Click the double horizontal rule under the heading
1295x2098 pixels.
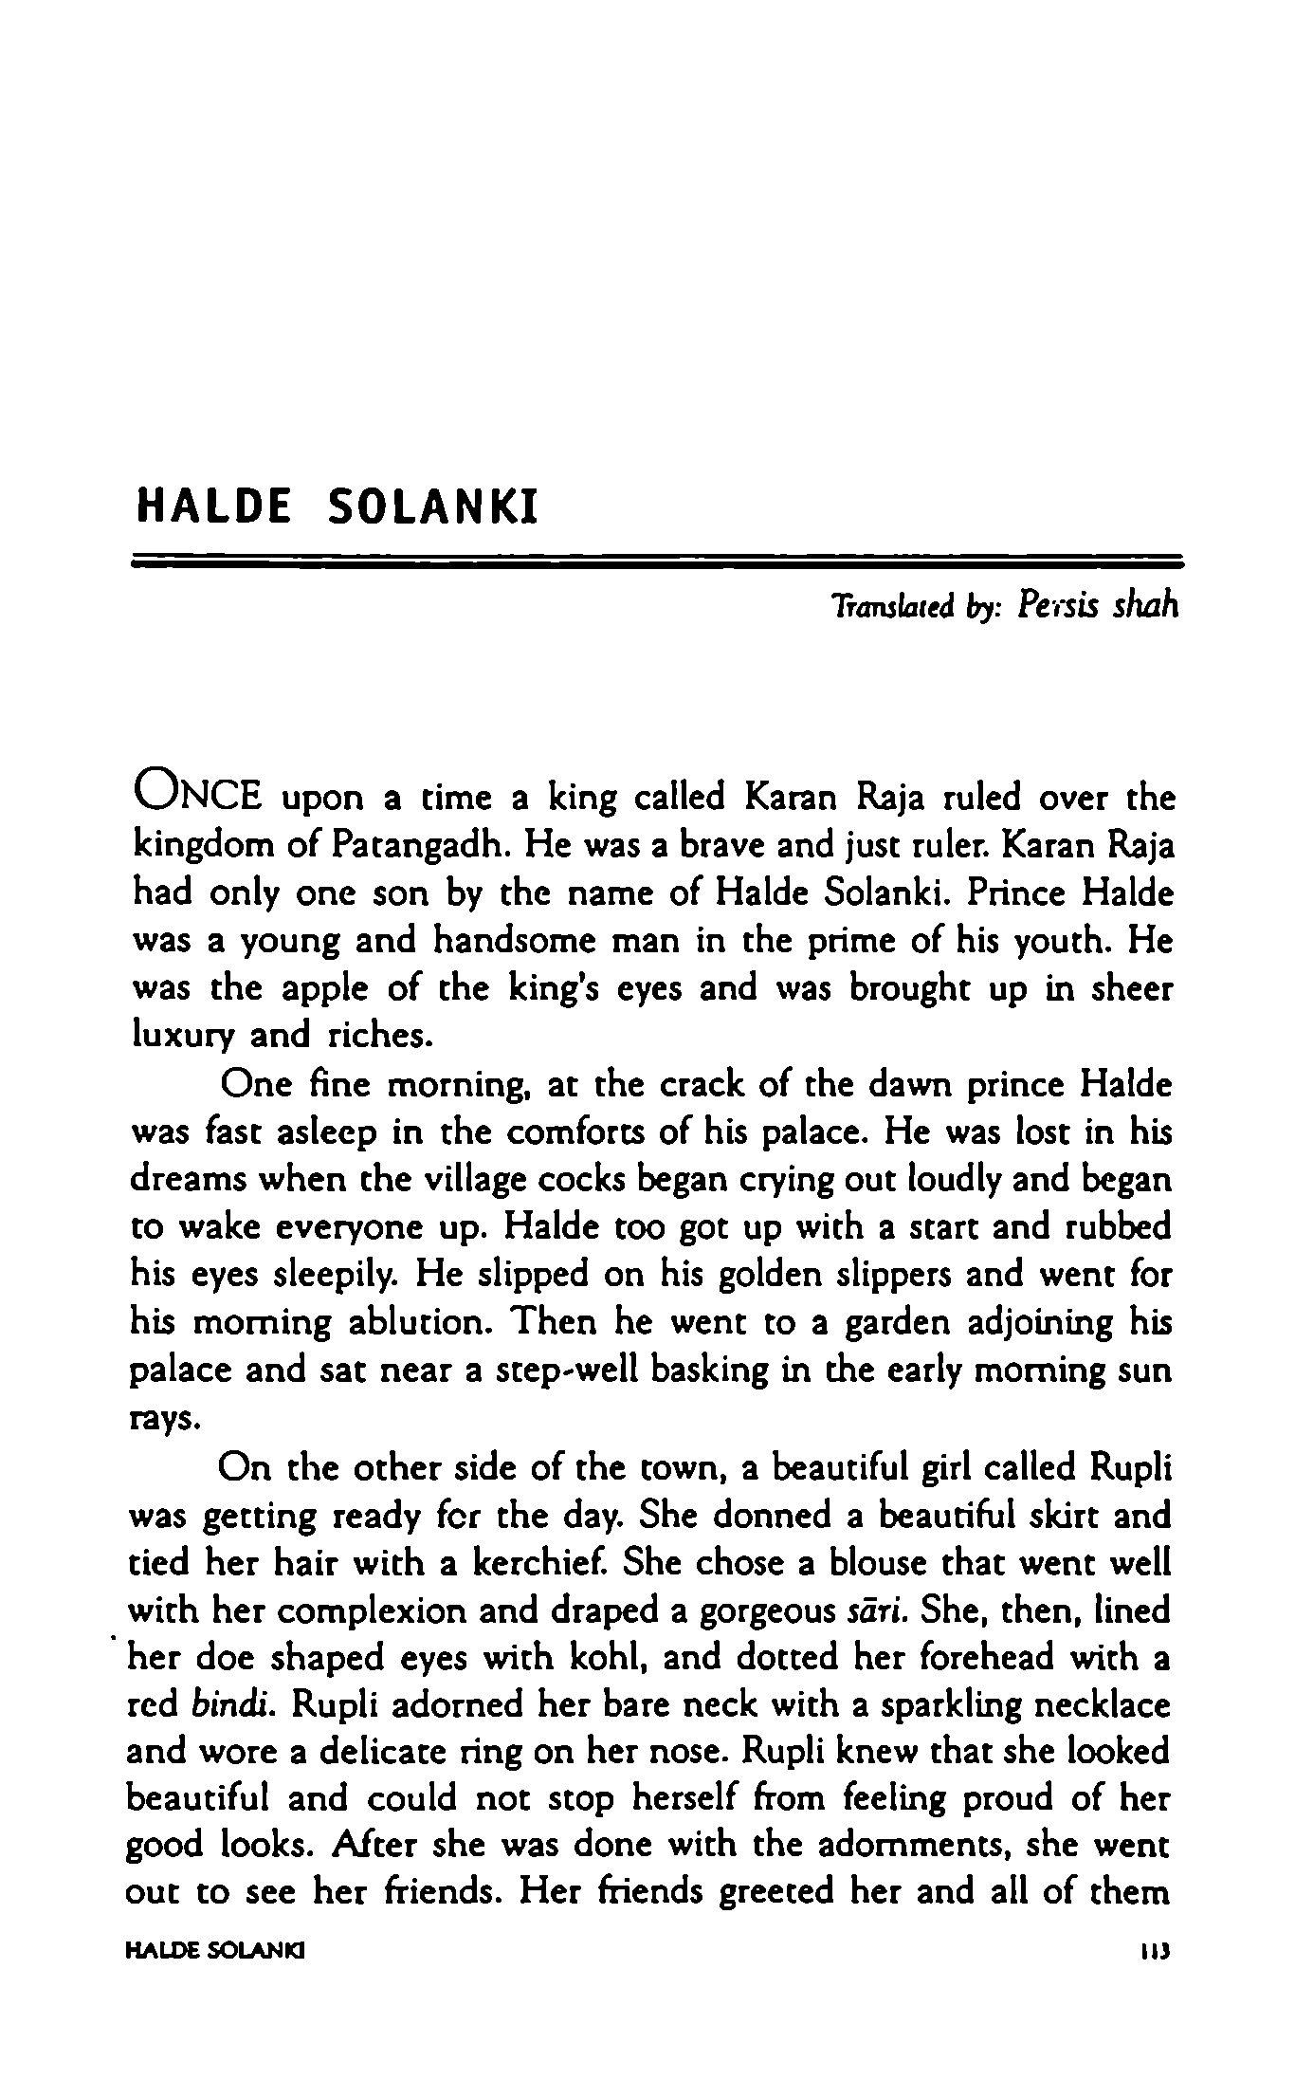657,561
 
